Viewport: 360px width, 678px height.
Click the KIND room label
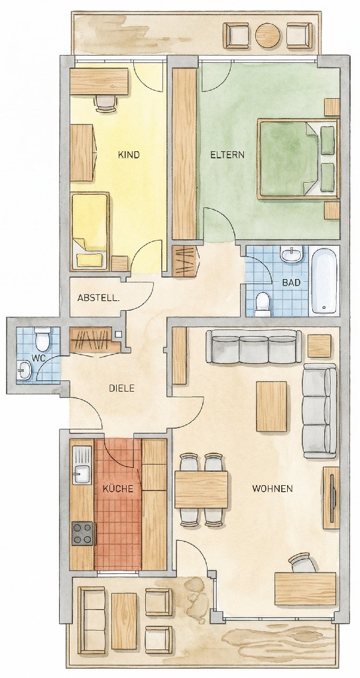(x=129, y=155)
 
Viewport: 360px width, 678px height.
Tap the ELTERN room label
(x=227, y=154)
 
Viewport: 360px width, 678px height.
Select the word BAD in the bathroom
(x=290, y=283)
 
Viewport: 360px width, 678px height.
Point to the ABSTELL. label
(x=98, y=298)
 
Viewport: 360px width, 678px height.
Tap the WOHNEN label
(x=272, y=489)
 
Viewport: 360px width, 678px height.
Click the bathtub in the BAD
(x=324, y=280)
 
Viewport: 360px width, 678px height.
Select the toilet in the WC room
(x=42, y=339)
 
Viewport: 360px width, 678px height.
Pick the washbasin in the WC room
(x=25, y=370)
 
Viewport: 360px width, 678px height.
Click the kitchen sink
(x=82, y=465)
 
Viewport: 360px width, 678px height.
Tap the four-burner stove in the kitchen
(x=82, y=533)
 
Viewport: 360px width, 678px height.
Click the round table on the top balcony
(x=268, y=35)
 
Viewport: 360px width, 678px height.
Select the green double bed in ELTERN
(x=298, y=158)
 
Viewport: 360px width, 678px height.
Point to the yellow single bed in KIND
(x=90, y=232)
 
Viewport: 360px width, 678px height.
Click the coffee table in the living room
(x=272, y=406)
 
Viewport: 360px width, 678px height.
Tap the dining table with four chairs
(x=201, y=490)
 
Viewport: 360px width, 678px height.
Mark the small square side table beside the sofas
(x=320, y=346)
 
